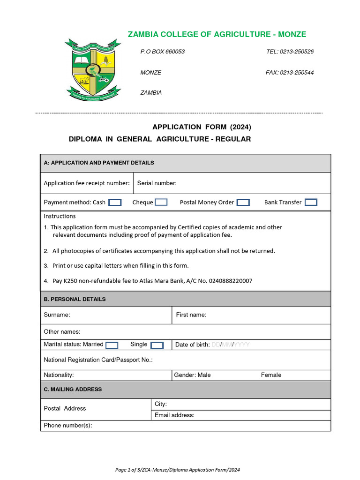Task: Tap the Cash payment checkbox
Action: click(115, 202)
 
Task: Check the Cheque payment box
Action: click(161, 202)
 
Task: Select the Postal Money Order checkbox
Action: click(243, 202)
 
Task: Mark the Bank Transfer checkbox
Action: click(311, 202)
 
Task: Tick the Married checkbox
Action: click(112, 345)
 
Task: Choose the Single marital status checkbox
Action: click(157, 345)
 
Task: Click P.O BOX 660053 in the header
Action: click(163, 52)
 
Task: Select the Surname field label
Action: click(57, 315)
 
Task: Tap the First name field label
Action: click(191, 315)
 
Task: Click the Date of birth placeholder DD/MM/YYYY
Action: click(231, 345)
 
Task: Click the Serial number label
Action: click(157, 183)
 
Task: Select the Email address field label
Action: click(174, 415)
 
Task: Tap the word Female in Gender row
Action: click(271, 375)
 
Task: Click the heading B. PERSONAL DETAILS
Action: click(75, 299)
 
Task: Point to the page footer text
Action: click(178, 470)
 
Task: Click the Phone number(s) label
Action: click(67, 426)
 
